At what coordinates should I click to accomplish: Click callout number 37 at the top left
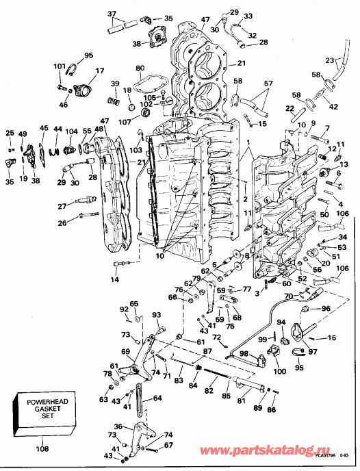pyautogui.click(x=112, y=14)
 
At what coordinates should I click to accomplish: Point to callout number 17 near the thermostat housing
pyautogui.click(x=100, y=71)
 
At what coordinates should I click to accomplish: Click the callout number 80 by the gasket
pyautogui.click(x=140, y=68)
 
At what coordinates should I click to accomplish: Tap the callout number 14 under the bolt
pyautogui.click(x=114, y=279)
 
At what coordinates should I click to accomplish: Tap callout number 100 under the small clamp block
pyautogui.click(x=279, y=372)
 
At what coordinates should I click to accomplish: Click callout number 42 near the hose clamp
pyautogui.click(x=333, y=106)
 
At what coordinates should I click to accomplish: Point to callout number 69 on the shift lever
pyautogui.click(x=126, y=351)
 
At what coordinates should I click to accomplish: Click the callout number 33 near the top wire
pyautogui.click(x=248, y=16)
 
